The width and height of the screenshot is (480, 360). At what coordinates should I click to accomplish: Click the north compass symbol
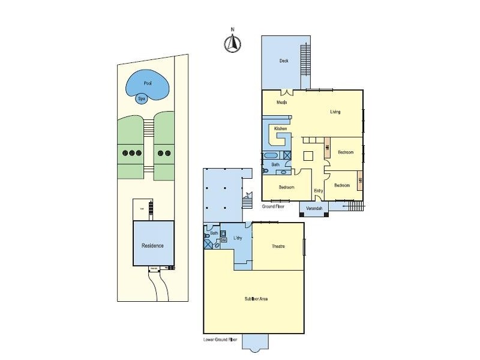coord(233,43)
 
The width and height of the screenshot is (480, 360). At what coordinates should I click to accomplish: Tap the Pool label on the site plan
coord(147,83)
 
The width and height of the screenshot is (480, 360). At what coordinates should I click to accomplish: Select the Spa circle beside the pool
coord(142,98)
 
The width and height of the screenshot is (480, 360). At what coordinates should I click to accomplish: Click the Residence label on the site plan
coord(152,245)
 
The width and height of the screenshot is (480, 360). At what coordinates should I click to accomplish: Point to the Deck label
coord(284,61)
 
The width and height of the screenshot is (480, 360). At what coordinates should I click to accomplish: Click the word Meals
coord(281,102)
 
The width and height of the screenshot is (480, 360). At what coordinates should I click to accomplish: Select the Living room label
coord(335,112)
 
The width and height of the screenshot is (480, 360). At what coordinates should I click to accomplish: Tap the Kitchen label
coord(280,129)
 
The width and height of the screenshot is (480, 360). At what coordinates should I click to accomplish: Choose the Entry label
coord(319,191)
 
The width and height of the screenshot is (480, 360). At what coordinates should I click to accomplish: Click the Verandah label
coord(314,208)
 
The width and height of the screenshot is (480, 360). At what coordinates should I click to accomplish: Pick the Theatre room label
coord(278,247)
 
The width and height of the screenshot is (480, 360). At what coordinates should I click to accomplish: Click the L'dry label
coord(238,238)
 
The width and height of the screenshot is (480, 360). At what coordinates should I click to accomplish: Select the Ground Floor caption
coord(272,206)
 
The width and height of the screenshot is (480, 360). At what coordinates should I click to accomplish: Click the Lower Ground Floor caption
coord(221,340)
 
